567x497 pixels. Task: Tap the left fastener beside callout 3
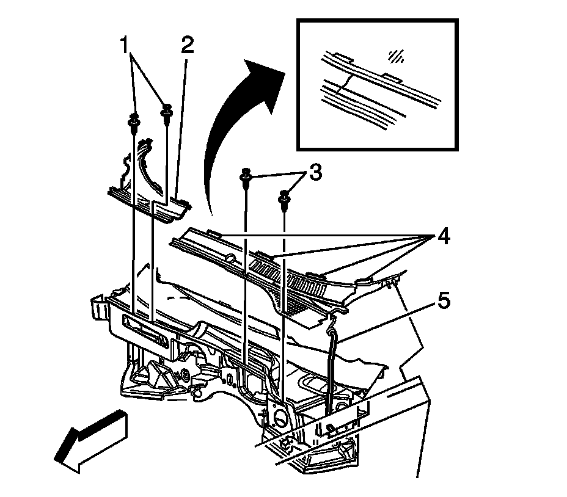point(246,176)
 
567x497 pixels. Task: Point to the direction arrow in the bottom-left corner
point(92,440)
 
